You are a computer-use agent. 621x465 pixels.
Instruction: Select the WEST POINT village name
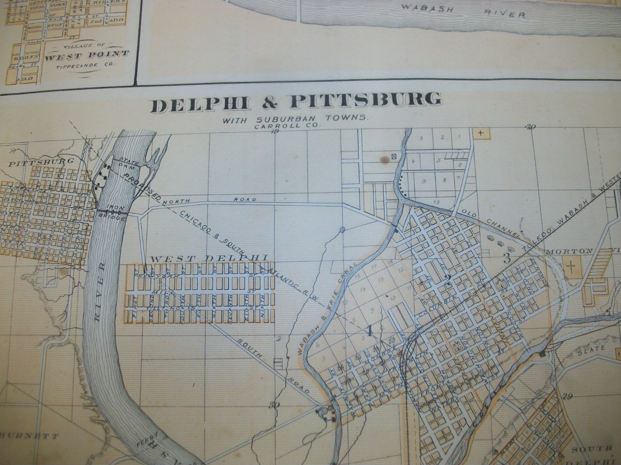[87, 54]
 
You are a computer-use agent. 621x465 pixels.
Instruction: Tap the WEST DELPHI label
[209, 258]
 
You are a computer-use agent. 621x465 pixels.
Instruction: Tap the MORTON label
[569, 251]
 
